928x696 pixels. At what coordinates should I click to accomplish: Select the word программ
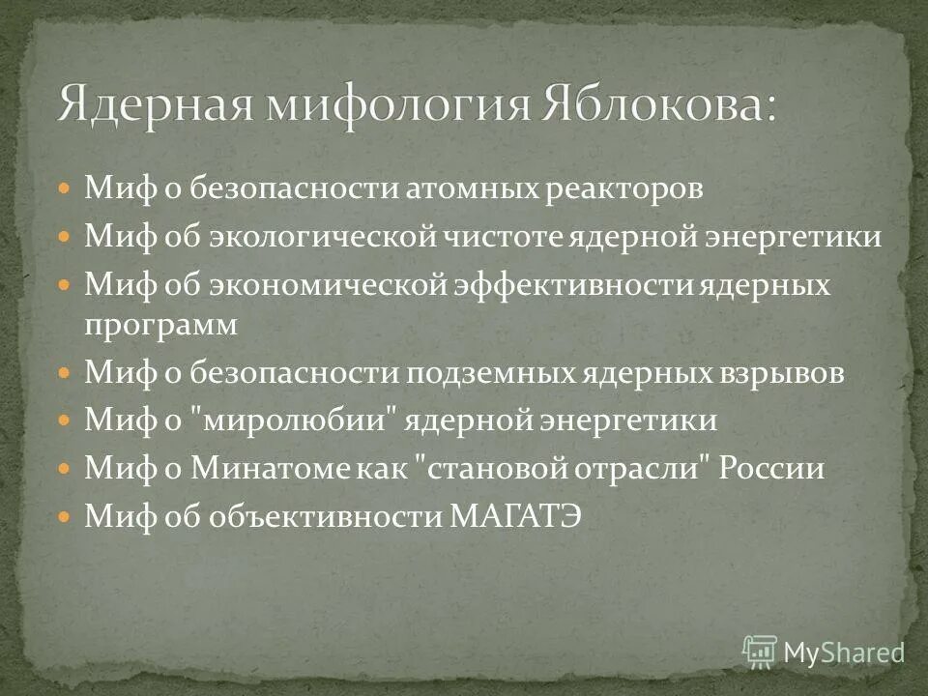160,326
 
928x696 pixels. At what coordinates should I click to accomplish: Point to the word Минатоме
280,470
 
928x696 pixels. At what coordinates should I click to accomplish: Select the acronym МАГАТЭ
516,517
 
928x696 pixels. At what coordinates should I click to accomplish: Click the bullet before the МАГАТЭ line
65,517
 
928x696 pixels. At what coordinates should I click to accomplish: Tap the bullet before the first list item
65,188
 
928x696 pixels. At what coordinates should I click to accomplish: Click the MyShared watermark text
843,652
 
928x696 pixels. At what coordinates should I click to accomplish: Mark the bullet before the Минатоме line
65,470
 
